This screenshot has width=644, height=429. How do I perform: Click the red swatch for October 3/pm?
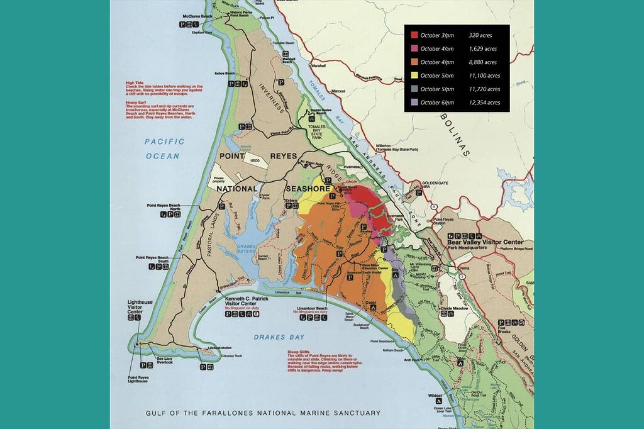[414, 35]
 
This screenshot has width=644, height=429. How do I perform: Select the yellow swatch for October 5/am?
[414, 75]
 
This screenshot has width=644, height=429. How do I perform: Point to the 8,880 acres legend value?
[482, 62]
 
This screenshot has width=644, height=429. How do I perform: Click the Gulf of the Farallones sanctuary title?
[263, 413]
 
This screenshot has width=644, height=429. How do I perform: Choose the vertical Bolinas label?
[453, 134]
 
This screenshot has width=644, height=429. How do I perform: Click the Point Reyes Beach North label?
[165, 208]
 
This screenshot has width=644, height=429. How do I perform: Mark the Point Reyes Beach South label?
[153, 259]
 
